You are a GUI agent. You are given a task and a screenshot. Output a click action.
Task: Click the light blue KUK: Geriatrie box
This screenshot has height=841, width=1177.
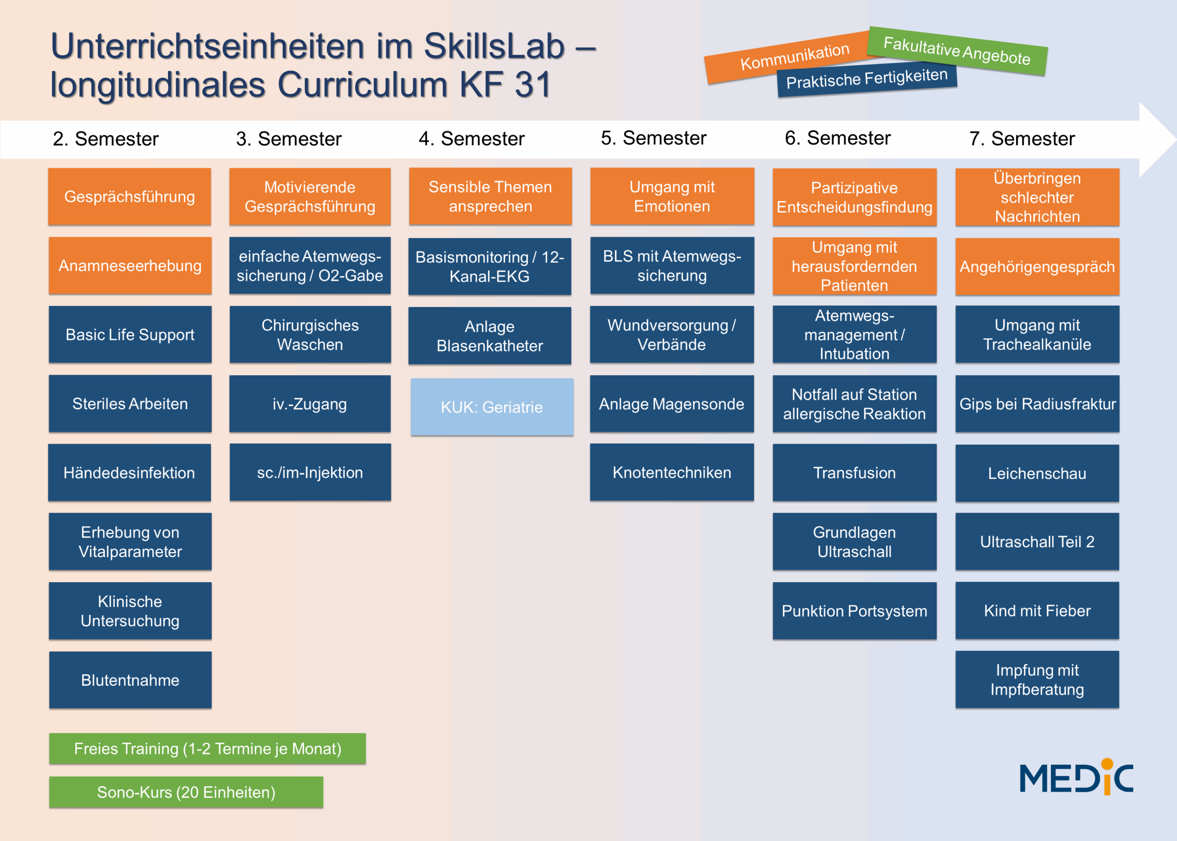(492, 406)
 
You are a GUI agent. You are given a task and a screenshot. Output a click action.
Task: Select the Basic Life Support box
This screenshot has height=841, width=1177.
(130, 335)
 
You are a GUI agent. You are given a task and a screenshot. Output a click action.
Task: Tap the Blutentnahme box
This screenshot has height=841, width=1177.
(130, 680)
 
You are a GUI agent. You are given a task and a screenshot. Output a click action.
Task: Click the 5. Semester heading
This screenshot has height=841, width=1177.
(653, 138)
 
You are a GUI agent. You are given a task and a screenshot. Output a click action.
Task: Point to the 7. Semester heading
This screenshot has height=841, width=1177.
(1022, 139)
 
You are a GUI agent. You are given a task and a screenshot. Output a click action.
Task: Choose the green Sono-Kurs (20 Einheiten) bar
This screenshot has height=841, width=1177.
(186, 792)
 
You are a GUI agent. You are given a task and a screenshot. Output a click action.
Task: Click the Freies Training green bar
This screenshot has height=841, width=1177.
(207, 749)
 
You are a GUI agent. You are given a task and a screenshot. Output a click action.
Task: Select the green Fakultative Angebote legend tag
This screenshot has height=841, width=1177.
(957, 51)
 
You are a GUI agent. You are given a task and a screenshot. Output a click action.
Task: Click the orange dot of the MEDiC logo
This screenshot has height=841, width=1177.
(1107, 764)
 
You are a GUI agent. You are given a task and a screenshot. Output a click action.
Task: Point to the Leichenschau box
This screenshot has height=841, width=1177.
(1037, 473)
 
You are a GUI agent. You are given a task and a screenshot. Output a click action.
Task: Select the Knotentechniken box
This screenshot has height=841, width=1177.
(672, 472)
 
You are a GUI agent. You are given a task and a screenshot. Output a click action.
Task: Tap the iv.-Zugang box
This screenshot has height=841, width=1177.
(310, 404)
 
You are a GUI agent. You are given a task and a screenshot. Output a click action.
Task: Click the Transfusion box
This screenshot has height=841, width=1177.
(854, 473)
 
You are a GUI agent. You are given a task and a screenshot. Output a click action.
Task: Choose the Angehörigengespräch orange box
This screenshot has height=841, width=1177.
(1037, 267)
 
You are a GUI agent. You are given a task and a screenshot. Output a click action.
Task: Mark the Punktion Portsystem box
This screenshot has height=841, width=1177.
(854, 611)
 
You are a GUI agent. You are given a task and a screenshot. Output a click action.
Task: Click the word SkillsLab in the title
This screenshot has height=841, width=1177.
(494, 46)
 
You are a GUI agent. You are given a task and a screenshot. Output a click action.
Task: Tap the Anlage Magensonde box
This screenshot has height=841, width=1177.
(672, 404)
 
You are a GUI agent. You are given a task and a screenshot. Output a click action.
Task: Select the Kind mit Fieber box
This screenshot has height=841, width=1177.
(1037, 611)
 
